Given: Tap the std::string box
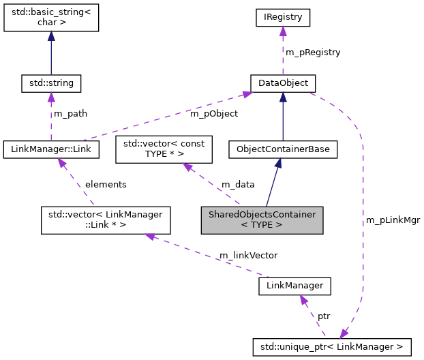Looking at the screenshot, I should point(51,83).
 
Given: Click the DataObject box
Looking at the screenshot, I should point(283,83).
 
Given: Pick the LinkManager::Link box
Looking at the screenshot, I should point(51,148).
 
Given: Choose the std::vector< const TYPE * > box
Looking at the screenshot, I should point(164,149).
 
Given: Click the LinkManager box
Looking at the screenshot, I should point(294,286).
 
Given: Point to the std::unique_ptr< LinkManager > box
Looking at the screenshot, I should point(331,347).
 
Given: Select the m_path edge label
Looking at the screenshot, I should point(71,113).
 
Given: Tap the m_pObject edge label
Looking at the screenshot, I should point(213,113).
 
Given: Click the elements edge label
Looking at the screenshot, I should point(105,184).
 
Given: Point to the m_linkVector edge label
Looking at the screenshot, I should point(247,255).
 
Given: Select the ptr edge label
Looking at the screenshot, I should point(324,317).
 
